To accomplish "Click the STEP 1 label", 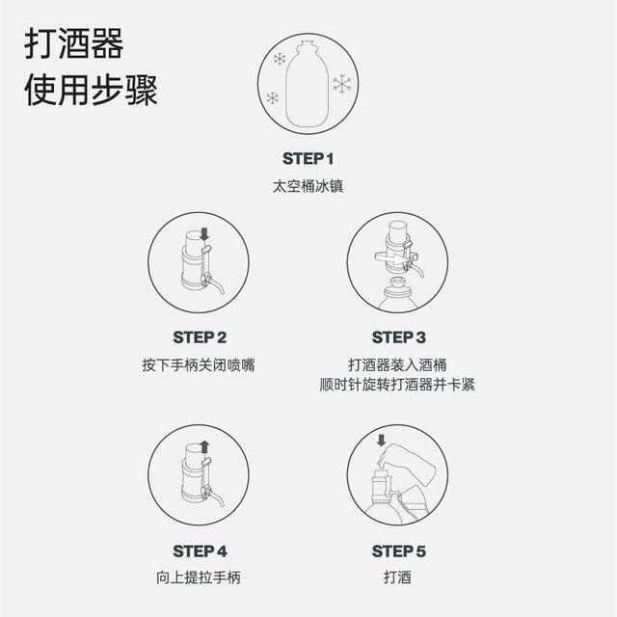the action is [x=308, y=159].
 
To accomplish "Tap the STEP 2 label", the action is [x=200, y=337].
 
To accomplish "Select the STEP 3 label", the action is [x=399, y=337].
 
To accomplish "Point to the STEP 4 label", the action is [x=200, y=551].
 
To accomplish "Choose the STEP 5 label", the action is [x=399, y=551].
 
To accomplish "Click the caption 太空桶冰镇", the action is [x=308, y=186].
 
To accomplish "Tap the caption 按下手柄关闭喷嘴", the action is [x=199, y=365].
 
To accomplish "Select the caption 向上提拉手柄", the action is [x=199, y=577].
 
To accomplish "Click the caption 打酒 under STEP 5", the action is [x=397, y=577].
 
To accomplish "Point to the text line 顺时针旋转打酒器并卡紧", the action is [x=397, y=385].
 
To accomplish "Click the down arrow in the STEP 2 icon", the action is [x=204, y=234].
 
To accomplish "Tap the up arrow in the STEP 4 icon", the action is [x=204, y=447].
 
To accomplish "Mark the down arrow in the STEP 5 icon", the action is [x=381, y=440].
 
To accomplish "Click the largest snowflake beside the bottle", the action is [x=342, y=84].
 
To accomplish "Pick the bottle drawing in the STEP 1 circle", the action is [x=307, y=84].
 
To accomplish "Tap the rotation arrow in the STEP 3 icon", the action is [x=395, y=258].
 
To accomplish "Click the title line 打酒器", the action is [x=74, y=43].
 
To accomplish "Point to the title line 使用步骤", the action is [x=91, y=90].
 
